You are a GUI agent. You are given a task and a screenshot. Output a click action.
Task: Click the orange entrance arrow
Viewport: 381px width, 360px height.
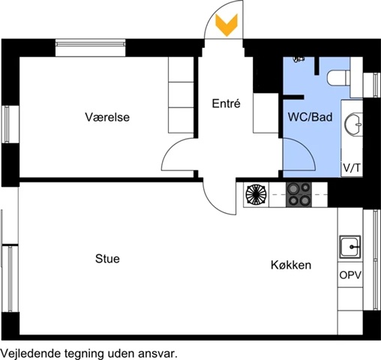(226, 25)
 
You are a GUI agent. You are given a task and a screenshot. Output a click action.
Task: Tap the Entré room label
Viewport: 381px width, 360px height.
(226, 103)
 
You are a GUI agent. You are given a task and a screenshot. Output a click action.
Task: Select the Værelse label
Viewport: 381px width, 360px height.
(107, 117)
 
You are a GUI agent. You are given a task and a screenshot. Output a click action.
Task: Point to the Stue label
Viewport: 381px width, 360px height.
(107, 259)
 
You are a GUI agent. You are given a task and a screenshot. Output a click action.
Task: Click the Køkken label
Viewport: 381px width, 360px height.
(291, 265)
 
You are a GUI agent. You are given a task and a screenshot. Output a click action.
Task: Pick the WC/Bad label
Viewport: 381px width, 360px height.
(310, 117)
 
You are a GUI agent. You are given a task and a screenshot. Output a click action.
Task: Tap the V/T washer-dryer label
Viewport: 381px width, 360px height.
(352, 168)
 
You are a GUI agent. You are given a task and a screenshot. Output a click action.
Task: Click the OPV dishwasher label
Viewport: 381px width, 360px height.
(350, 275)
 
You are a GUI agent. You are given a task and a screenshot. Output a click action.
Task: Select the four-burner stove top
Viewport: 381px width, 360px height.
(298, 195)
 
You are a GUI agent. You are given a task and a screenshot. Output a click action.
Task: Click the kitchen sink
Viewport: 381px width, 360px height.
(350, 247)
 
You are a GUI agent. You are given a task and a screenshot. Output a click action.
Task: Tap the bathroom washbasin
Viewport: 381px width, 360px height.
(353, 124)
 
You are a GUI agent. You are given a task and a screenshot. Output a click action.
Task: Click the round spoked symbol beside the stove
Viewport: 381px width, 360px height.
(256, 194)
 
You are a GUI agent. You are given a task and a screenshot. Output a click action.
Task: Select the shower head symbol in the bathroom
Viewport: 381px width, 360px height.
(298, 59)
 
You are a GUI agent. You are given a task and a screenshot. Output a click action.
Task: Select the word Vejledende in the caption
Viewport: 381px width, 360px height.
(31, 354)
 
